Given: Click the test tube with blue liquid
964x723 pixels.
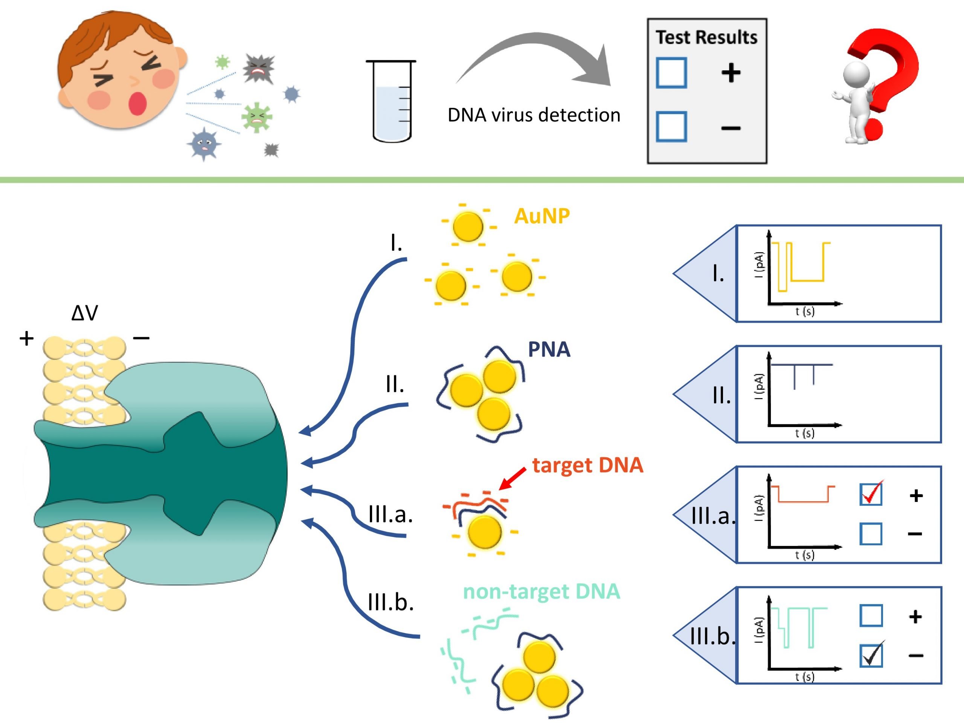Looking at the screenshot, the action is tap(391, 101).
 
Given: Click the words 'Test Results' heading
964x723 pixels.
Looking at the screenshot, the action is tap(706, 38).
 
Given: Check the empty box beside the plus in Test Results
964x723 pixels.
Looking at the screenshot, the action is tap(671, 73).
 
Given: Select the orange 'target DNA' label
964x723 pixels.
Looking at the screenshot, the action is tap(587, 465).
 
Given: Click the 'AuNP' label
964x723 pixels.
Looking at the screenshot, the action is tap(542, 216).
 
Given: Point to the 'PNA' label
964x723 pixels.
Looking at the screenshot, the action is tap(549, 349).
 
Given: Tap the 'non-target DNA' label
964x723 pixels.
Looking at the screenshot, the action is tap(541, 591).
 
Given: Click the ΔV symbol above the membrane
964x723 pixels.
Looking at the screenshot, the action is tap(85, 313).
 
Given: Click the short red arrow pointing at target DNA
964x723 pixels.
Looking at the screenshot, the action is tap(513, 479).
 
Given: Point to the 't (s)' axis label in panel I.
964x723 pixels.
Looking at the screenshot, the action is tap(804, 311).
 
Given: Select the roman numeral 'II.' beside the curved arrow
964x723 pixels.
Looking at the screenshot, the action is tap(395, 384).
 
